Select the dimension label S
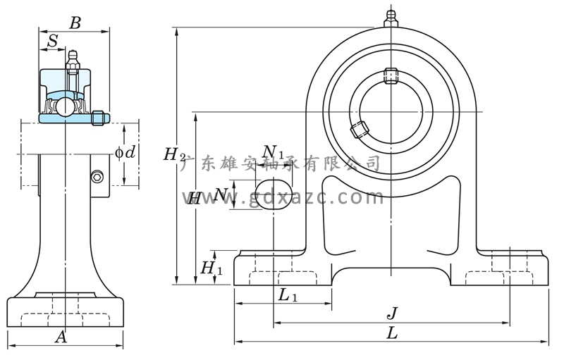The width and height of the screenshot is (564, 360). tap(52, 42)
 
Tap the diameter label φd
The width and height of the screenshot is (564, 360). tap(125, 152)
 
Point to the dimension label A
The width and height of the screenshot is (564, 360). tap(61, 337)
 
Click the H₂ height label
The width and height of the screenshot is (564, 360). tap(174, 154)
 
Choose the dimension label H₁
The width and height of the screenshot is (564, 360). tap(211, 268)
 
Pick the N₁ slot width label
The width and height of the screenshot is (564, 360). tap(273, 152)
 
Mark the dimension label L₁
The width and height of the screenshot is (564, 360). tap(288, 296)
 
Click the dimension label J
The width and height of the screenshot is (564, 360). tap(393, 313)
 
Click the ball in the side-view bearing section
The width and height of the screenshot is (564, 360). tap(65, 106)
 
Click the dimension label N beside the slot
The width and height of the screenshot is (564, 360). tap(221, 193)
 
